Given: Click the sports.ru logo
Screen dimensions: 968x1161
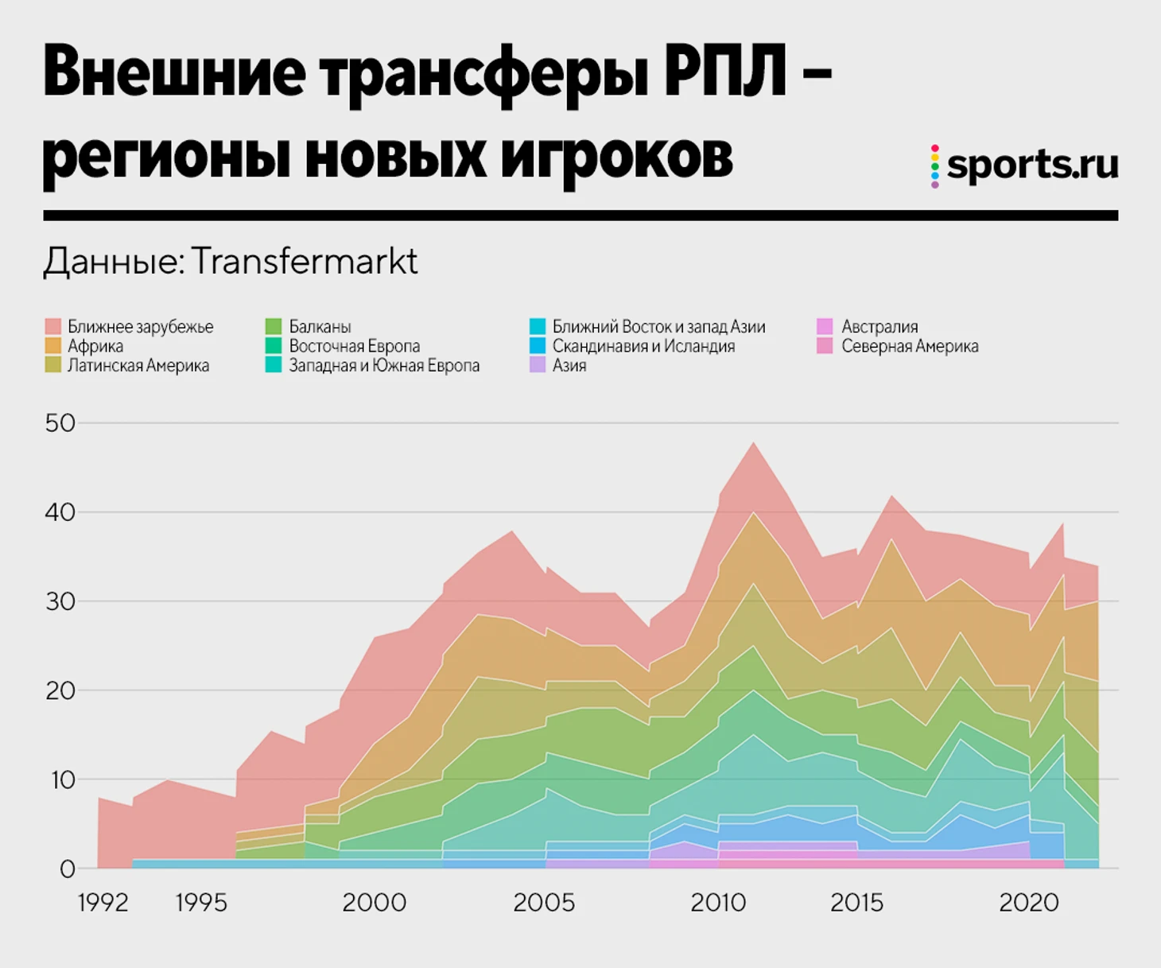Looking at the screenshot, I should (1026, 165).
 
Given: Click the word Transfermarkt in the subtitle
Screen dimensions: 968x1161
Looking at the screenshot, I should (305, 261).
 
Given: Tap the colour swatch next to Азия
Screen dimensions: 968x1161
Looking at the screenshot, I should (538, 366).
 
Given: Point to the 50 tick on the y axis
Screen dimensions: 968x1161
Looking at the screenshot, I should (60, 423).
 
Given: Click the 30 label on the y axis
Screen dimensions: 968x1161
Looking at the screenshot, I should (60, 601).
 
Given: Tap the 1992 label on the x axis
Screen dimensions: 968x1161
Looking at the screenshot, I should (103, 903).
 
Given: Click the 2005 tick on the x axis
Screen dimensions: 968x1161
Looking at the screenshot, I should (544, 903).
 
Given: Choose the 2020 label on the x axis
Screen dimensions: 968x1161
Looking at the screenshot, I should (1029, 903).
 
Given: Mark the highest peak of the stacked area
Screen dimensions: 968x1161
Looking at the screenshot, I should (753, 443).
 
